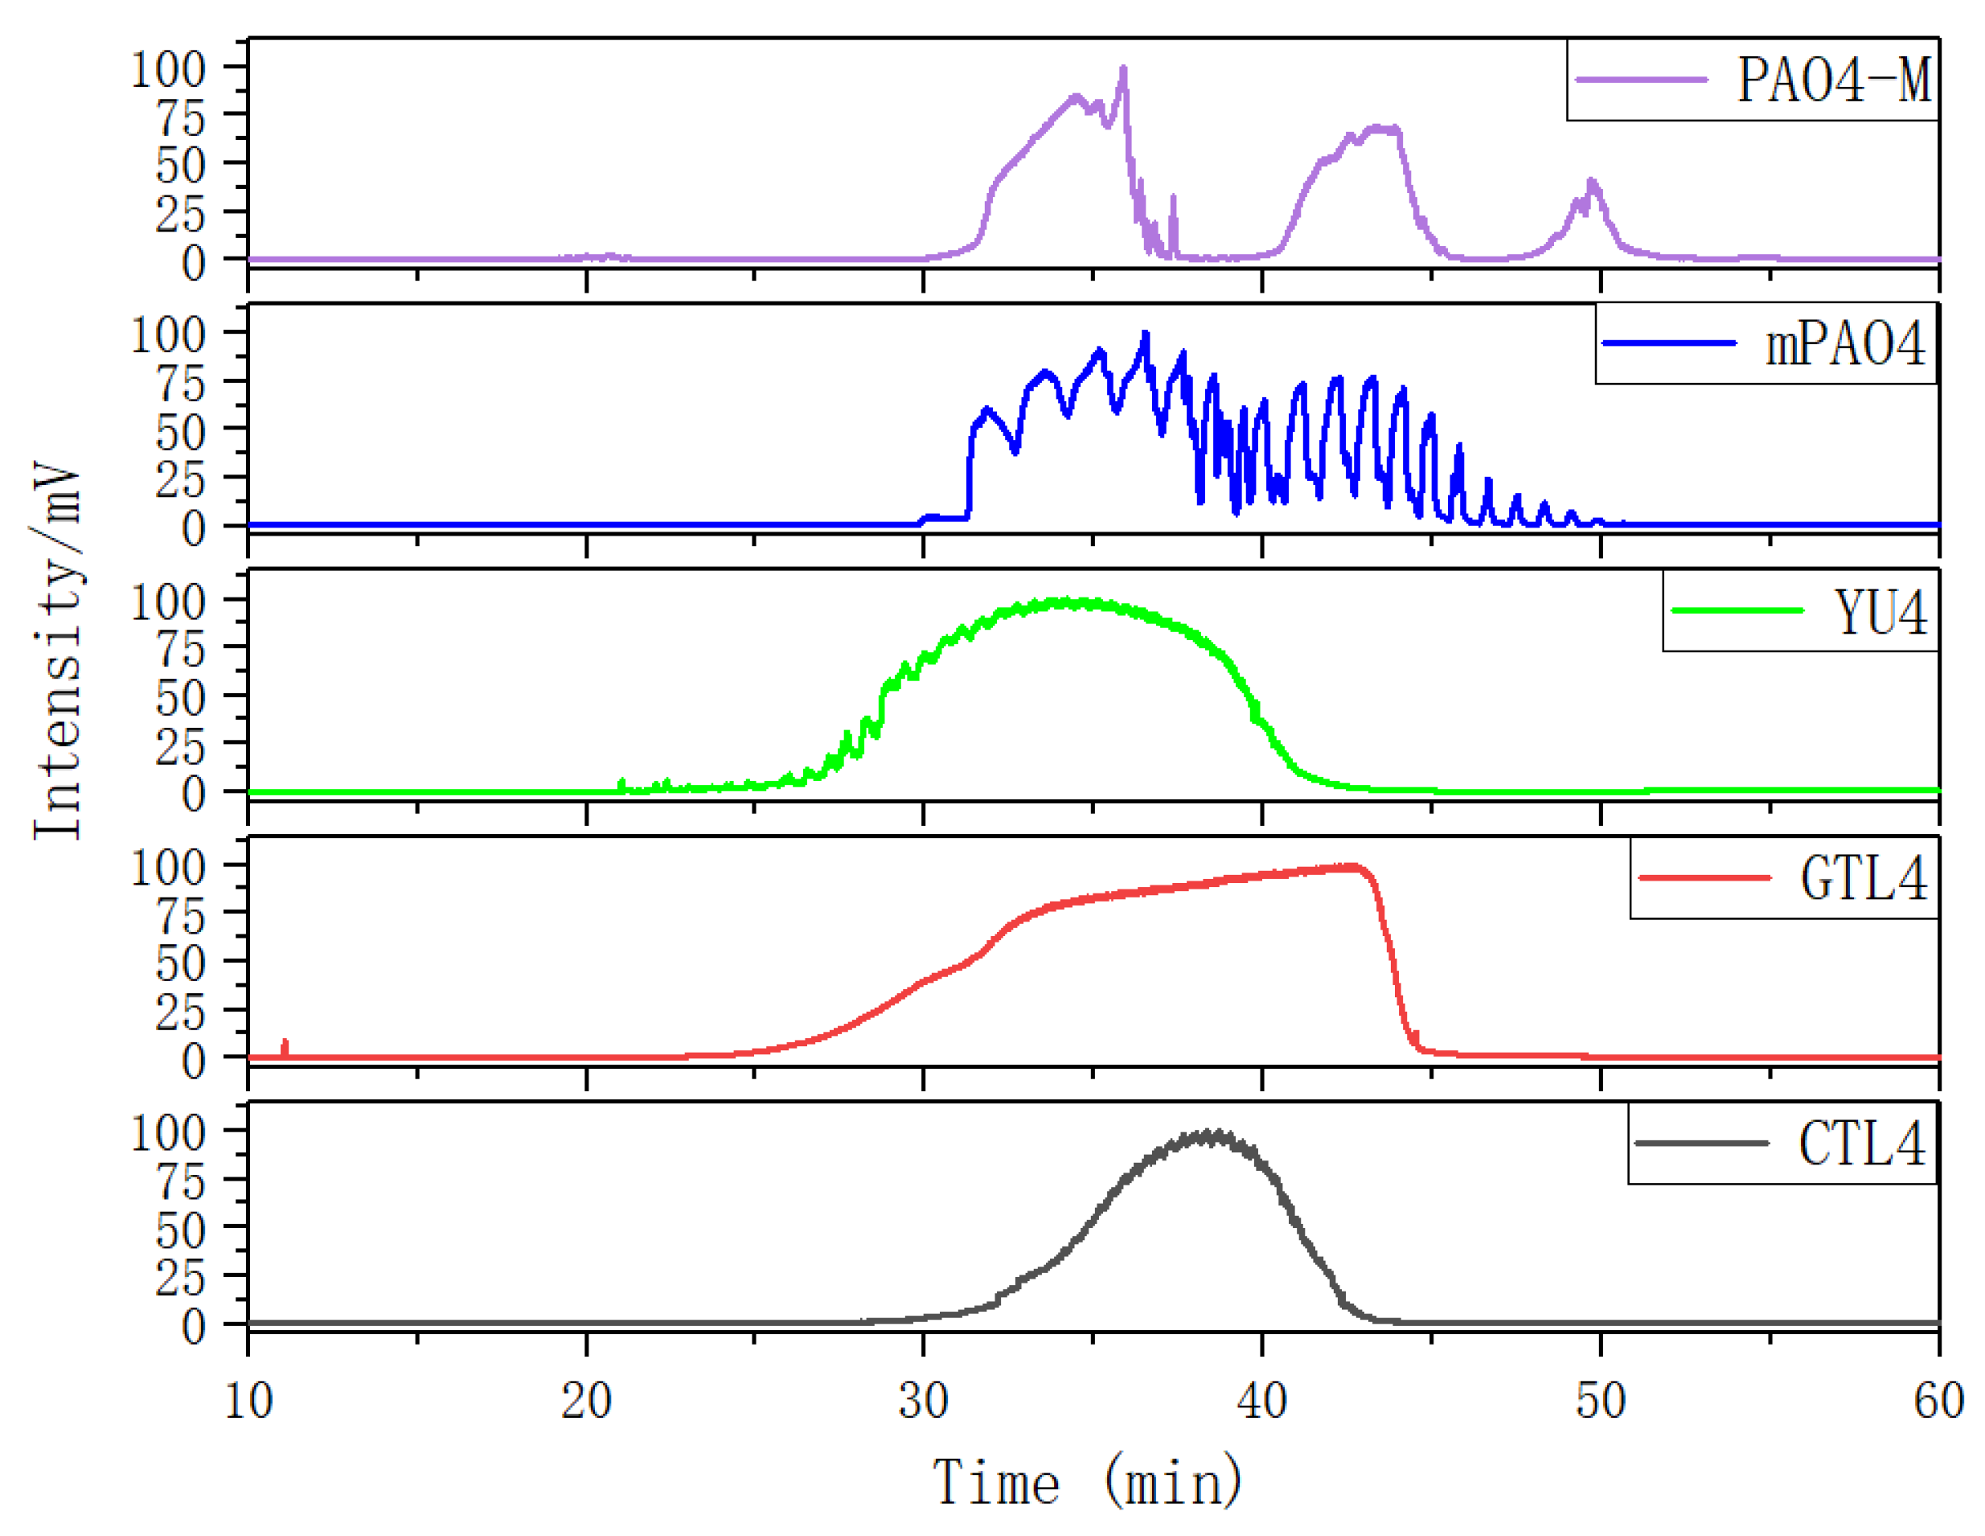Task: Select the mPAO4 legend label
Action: [x=1845, y=344]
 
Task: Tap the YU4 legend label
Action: [x=1880, y=612]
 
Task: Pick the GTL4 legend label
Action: [x=1864, y=878]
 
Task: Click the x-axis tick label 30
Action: [x=924, y=1399]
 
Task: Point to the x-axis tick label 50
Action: [x=1600, y=1399]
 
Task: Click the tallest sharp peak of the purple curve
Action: [x=1123, y=68]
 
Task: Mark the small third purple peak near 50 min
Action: [x=1590, y=183]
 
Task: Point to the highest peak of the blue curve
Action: [x=1145, y=334]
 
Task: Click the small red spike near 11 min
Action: [x=285, y=1042]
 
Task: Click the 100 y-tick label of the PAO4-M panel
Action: [x=169, y=70]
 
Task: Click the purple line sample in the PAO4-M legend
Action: [x=1642, y=80]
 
